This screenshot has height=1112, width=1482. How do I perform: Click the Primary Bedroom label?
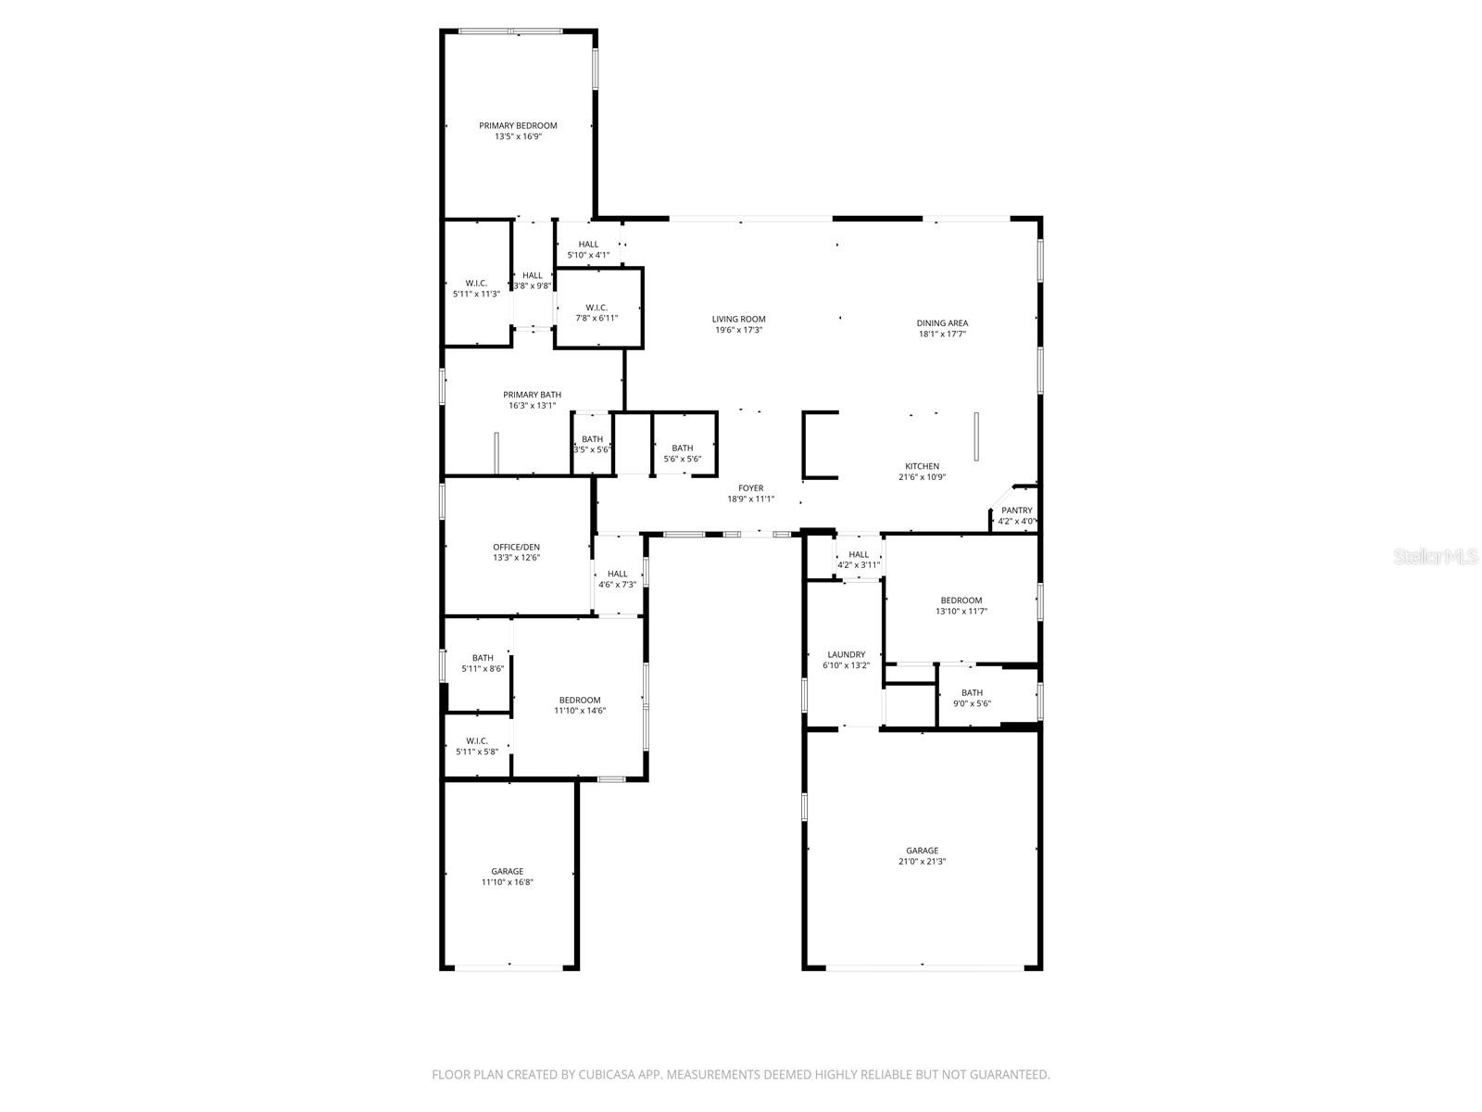pos(518,126)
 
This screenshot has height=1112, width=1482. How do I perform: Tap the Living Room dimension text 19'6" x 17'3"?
pos(738,330)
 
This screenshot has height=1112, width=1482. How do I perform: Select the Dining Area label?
pos(942,323)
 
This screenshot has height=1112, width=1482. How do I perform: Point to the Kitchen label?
pos(922,466)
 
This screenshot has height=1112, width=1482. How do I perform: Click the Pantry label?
pos(1017,511)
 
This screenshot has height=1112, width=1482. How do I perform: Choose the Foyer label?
pos(751,488)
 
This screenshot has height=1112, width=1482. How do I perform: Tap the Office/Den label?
pos(516,547)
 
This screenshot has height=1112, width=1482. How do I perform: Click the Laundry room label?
pos(846,654)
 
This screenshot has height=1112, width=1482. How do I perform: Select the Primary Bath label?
pos(532,395)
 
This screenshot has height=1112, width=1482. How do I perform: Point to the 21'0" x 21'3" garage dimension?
pos(922,862)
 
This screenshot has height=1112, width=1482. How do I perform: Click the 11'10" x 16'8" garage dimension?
pos(507,882)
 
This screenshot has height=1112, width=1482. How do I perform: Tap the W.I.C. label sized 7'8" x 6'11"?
pos(597,308)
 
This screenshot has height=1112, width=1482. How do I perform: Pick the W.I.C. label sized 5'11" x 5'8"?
pos(477,741)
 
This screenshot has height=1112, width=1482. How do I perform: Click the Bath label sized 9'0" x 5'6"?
pos(972,693)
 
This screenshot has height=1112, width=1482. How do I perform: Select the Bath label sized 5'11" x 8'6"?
pos(483,658)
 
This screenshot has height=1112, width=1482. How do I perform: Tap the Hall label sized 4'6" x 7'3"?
pos(617,574)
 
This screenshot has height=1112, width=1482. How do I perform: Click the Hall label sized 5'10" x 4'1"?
pos(588,245)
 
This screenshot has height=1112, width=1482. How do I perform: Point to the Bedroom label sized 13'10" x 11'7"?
pos(961,600)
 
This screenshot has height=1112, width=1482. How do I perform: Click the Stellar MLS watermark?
pos(1436,556)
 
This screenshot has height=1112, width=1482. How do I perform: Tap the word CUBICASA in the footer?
pos(607,1074)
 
